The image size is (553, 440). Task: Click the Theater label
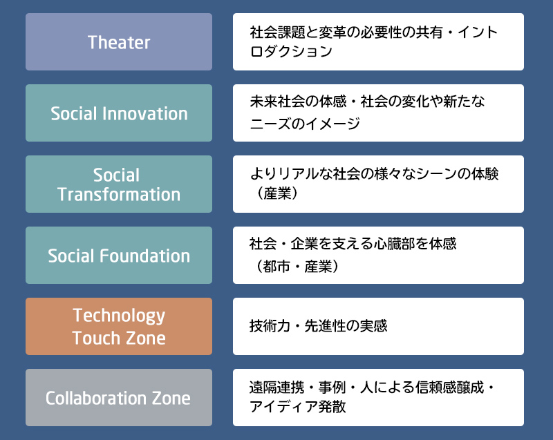tap(119, 42)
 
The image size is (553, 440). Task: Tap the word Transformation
tap(119, 195)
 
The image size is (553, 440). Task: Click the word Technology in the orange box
tap(119, 316)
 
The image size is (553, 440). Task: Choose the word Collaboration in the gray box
tap(96, 398)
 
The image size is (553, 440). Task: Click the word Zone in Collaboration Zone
tap(171, 398)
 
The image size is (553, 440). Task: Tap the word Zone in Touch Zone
tap(146, 338)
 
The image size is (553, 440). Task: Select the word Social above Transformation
tap(116, 175)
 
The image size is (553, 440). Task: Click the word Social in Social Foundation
tap(72, 256)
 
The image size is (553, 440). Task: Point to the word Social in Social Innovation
tap(74, 113)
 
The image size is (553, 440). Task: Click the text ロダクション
tap(291, 51)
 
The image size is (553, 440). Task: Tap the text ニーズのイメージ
tap(305, 124)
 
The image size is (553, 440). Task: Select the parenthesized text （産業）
tap(277, 193)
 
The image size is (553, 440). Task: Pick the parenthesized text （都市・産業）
tap(297, 267)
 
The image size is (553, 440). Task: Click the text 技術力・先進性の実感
tap(318, 326)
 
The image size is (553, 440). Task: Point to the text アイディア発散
tap(298, 407)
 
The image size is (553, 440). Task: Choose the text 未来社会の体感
tap(298, 102)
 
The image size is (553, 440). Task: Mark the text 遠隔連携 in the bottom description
tap(277, 388)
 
